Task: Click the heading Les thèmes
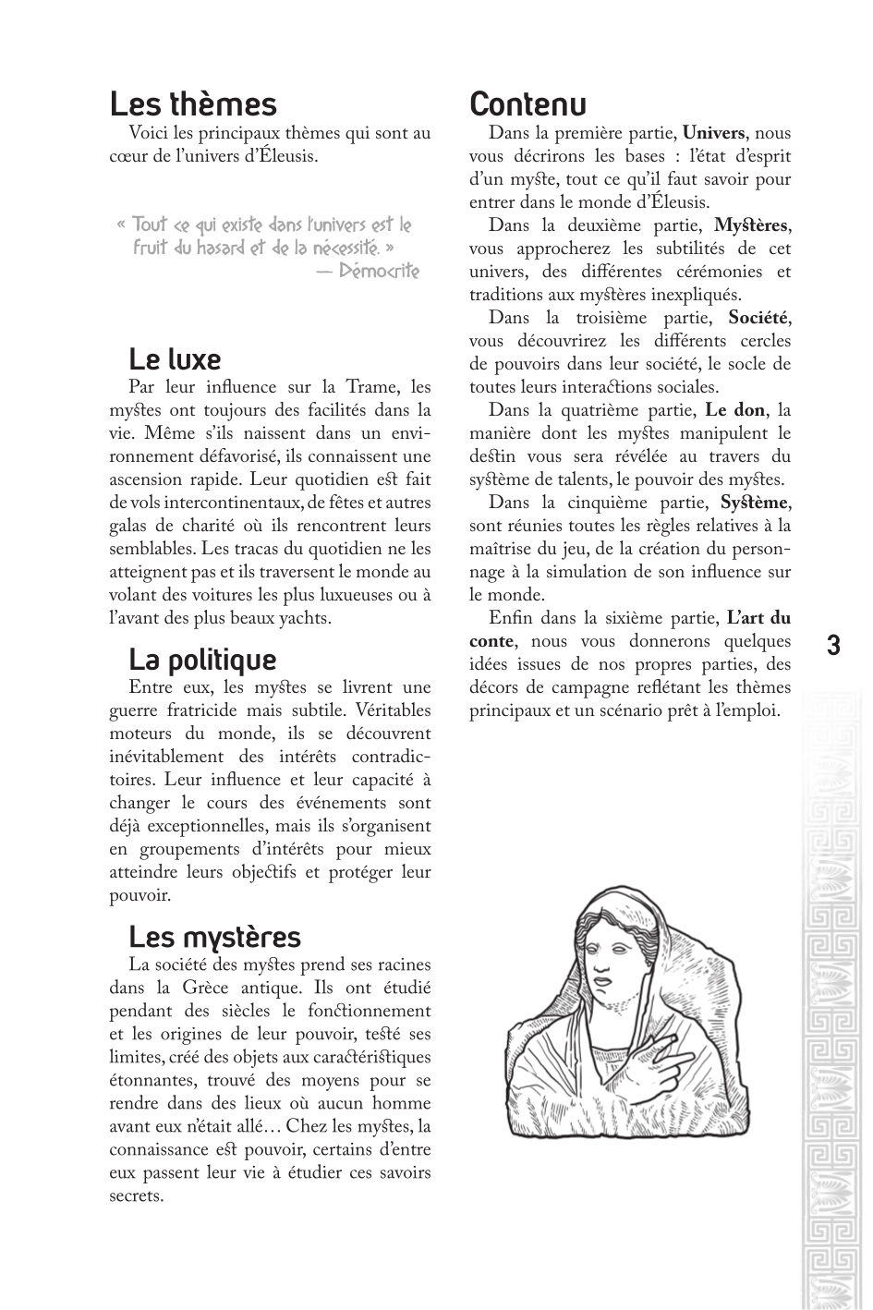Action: (192, 103)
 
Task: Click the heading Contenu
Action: (527, 103)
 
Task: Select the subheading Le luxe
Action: (175, 358)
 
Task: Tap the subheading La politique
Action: (202, 660)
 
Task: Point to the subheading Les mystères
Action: (214, 937)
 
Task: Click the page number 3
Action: (833, 645)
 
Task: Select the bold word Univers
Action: (712, 133)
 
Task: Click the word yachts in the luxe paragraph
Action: (305, 618)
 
